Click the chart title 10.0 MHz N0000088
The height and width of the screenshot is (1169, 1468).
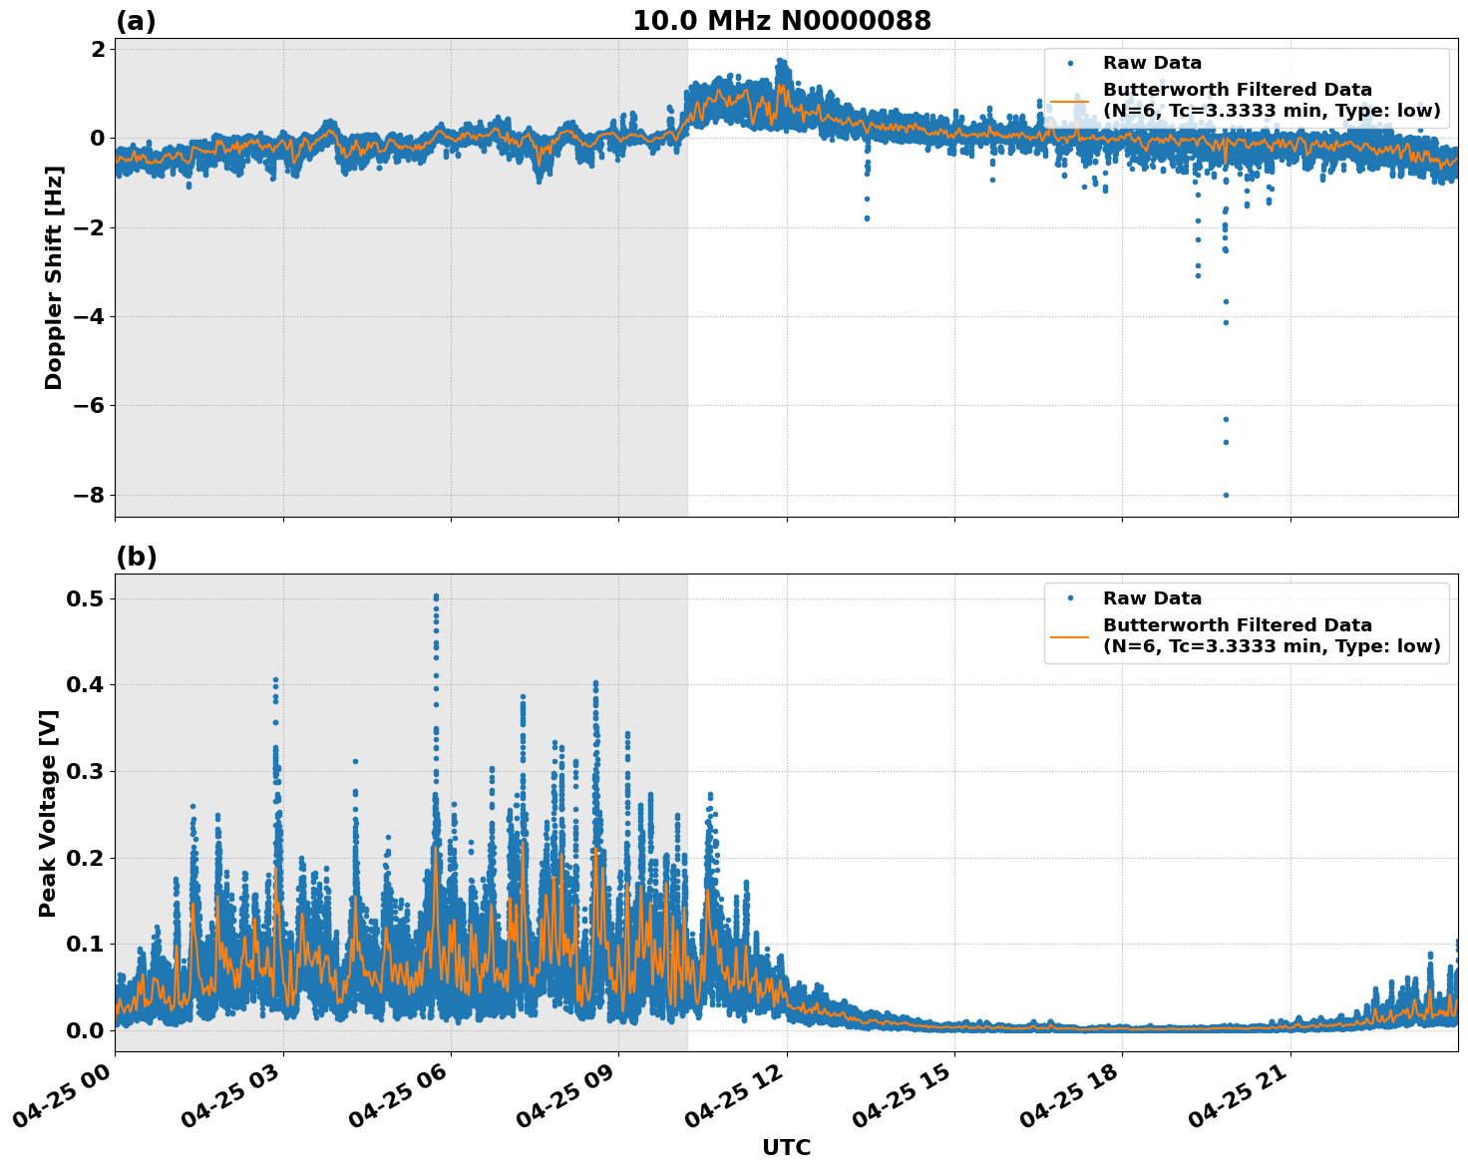point(781,21)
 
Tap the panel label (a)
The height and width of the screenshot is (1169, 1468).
point(136,21)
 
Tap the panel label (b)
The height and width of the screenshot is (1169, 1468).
point(136,557)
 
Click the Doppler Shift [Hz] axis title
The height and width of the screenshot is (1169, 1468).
point(54,277)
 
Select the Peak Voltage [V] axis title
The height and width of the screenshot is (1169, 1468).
point(48,813)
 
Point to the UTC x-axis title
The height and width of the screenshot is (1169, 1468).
point(786,1147)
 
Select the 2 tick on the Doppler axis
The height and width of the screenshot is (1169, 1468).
point(99,49)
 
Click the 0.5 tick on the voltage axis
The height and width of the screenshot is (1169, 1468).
point(87,598)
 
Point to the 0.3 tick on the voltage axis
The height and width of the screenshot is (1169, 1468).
point(87,771)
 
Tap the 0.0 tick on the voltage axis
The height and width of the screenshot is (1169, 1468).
point(87,1030)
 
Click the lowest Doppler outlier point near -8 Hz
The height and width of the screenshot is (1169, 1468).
point(1226,495)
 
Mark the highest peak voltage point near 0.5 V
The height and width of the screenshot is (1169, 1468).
point(436,596)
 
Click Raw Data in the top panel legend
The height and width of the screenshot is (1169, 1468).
point(1152,64)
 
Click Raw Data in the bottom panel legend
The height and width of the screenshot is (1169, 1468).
point(1152,598)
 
